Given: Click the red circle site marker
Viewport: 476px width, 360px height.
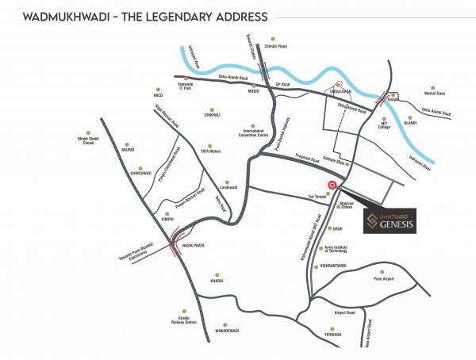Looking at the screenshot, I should coord(332,186).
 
